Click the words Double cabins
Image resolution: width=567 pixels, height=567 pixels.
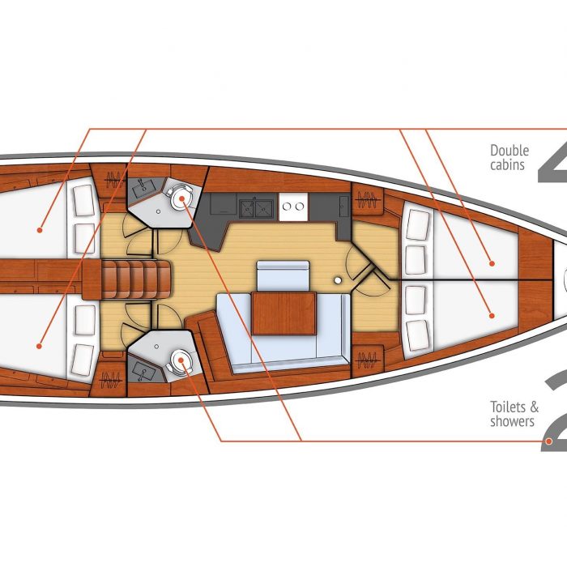[x=509, y=157]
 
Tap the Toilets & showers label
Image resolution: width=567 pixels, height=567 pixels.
[x=514, y=414]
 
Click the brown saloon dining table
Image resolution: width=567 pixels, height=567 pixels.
[x=283, y=313]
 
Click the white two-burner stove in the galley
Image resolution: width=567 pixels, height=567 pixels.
[x=293, y=207]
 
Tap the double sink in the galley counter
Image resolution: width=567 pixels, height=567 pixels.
[x=256, y=208]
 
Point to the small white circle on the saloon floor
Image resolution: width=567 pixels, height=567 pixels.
[x=338, y=280]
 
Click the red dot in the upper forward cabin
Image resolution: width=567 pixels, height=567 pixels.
[x=492, y=263]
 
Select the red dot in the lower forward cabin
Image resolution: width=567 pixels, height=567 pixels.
[x=492, y=316]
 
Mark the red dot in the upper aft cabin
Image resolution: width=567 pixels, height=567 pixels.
[x=40, y=230]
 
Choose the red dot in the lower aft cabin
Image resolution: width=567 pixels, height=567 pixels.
[x=39, y=346]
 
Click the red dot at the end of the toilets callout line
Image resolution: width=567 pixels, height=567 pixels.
[x=549, y=441]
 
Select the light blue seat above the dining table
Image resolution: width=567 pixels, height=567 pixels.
[x=283, y=276]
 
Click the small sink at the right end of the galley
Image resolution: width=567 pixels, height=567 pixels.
[x=344, y=206]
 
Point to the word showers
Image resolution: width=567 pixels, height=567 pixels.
[x=512, y=421]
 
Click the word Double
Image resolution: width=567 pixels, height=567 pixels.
[x=509, y=151]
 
